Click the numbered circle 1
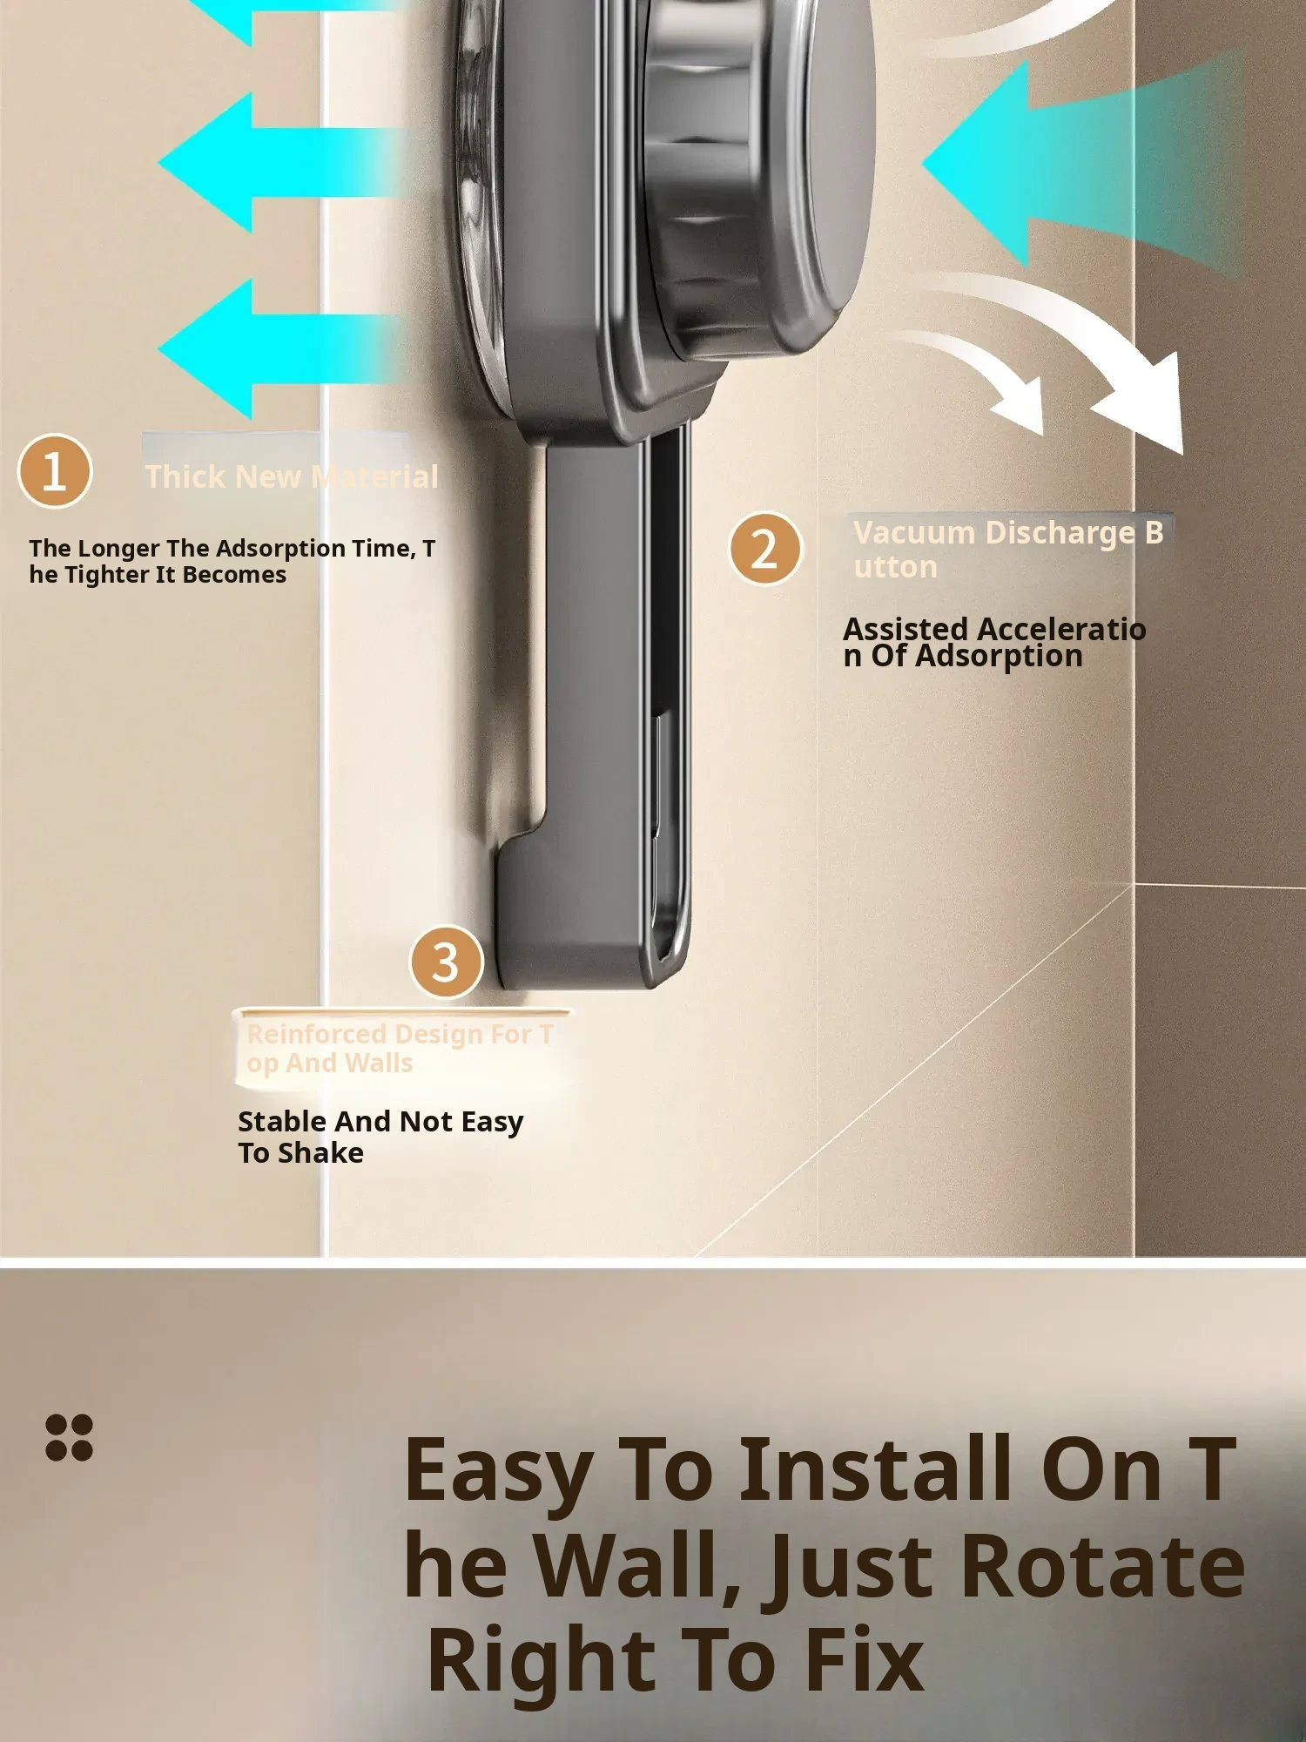pos(54,471)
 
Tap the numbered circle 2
pos(765,548)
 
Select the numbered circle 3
pos(446,962)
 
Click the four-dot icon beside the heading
pos(69,1436)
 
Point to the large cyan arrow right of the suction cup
pos(1080,165)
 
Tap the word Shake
pos(320,1152)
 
